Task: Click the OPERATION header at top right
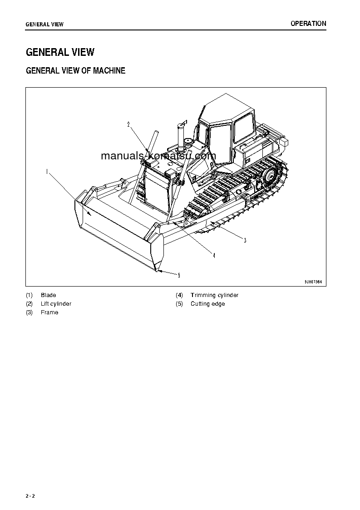308,24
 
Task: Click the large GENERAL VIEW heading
60,52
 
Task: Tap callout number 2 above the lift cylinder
128,124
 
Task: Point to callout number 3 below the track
245,240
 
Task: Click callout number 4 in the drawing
214,255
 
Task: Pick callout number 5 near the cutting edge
179,275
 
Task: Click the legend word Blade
48,295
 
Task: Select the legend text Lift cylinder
56,304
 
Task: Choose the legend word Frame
49,312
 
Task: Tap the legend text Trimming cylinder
214,295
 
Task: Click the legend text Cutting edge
207,304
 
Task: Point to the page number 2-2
30,496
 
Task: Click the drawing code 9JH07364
313,282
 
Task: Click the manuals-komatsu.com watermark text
158,156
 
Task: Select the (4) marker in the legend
179,295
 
